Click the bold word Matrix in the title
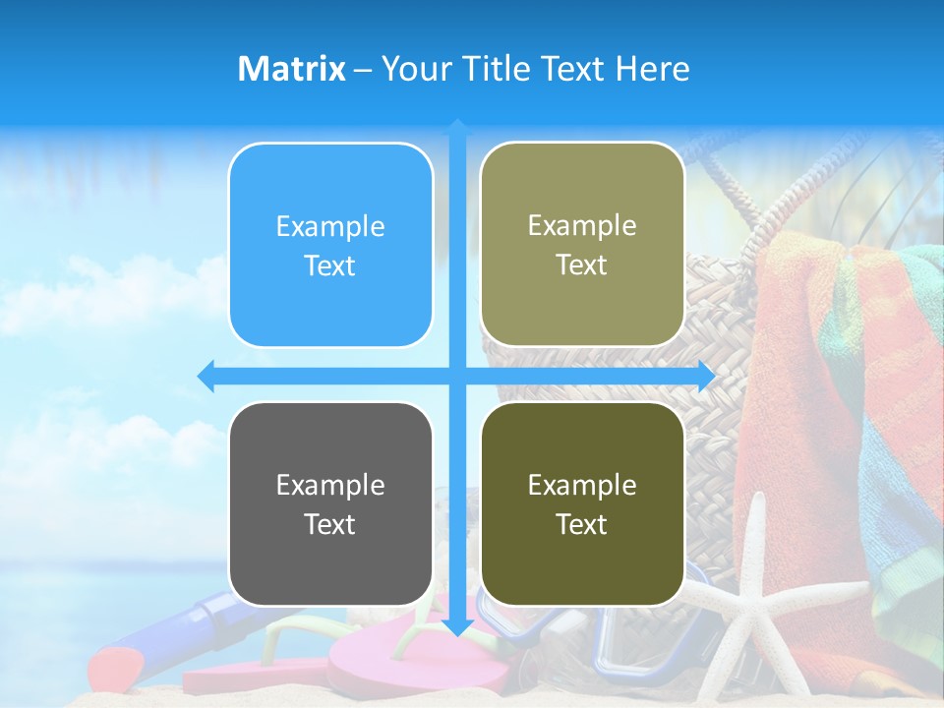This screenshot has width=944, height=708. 292,69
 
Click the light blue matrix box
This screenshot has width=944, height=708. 330,246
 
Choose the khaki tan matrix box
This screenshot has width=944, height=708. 582,245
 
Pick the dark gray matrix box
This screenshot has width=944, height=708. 330,504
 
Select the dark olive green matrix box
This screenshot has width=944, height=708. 582,503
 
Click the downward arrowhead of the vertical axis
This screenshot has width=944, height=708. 457,626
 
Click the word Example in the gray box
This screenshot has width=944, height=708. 330,485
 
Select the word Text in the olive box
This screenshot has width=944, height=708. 582,524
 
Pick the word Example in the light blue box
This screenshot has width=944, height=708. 330,226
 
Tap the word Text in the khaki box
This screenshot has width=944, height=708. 582,265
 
